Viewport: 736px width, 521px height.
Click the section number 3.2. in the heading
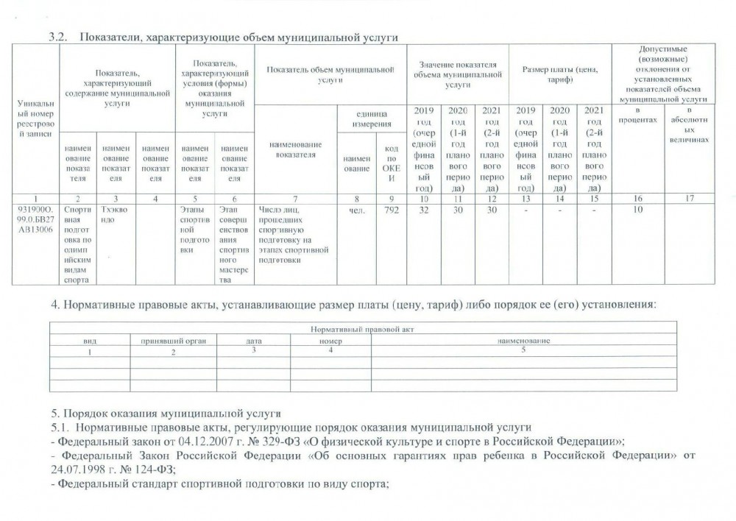tap(58, 37)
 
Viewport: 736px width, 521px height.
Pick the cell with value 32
tap(423, 210)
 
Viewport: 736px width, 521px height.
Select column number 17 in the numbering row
tap(688, 199)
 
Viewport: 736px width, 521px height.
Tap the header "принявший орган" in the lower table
tap(170, 341)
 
